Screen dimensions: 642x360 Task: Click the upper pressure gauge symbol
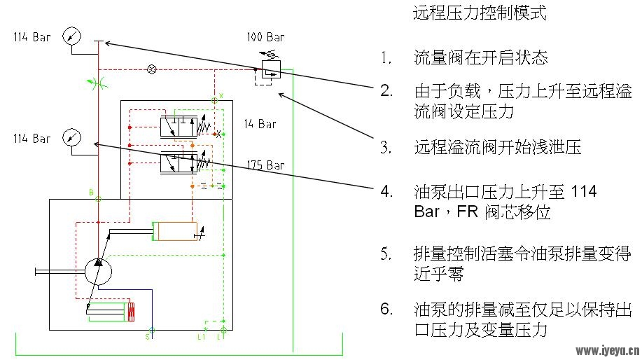71,36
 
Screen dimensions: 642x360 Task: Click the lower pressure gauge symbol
71,137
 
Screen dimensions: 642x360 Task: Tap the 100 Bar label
265,37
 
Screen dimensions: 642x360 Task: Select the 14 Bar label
260,124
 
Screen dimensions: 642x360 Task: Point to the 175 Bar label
266,165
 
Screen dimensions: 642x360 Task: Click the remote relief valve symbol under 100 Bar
271,69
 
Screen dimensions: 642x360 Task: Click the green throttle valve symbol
98,83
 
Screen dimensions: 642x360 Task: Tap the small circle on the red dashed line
151,69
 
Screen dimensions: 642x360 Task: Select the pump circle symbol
98,271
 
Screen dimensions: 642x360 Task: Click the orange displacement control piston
175,231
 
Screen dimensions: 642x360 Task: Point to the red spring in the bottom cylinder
131,312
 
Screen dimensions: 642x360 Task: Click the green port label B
91,192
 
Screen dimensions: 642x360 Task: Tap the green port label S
148,337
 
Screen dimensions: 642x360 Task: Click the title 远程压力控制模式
480,13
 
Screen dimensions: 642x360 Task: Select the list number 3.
386,147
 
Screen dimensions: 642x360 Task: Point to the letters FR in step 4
467,212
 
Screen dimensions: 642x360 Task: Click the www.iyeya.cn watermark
607,351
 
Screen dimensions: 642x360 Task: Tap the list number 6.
386,309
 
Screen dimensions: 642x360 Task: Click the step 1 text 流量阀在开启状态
481,57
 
